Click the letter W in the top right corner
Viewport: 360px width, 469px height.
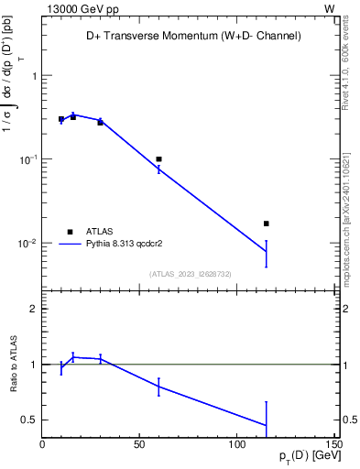pyautogui.click(x=329, y=8)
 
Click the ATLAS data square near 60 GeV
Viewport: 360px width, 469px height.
pyautogui.click(x=158, y=159)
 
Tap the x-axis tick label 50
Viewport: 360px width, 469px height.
pyautogui.click(x=139, y=445)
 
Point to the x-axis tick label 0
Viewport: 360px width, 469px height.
pyautogui.click(x=42, y=445)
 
